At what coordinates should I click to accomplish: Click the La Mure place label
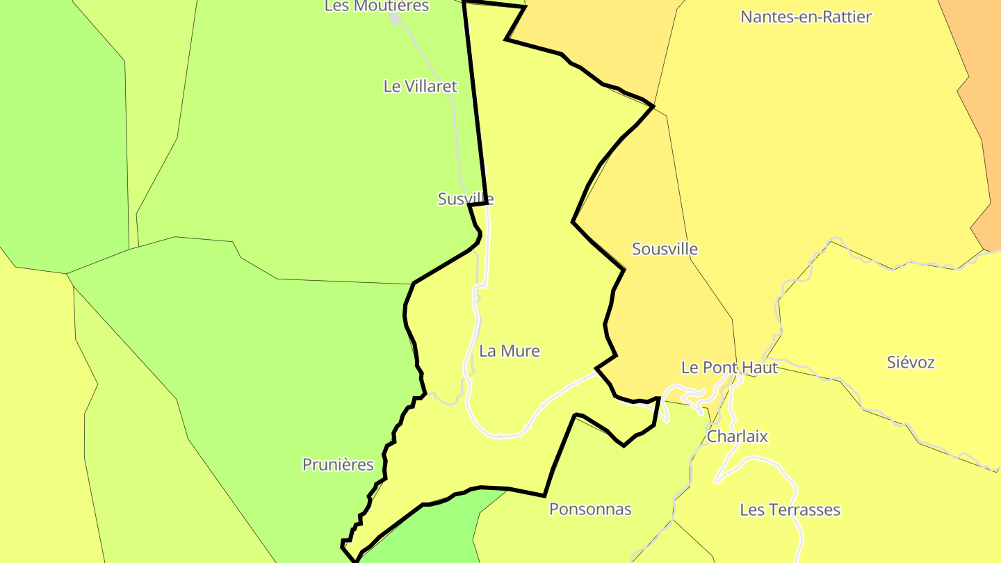point(510,351)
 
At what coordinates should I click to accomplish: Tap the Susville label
point(466,199)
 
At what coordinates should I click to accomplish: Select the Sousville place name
point(665,249)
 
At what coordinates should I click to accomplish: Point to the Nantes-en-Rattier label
point(806,17)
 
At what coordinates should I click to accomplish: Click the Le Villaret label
point(421,86)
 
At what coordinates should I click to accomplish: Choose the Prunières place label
point(338,464)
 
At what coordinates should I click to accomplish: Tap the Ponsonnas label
point(590,509)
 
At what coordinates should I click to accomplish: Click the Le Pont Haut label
point(729,368)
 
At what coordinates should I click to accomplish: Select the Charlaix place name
point(737,436)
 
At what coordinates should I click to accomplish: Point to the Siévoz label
point(911,362)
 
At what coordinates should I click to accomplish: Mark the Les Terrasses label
point(790,509)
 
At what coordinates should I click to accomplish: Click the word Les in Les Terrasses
point(751,509)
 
